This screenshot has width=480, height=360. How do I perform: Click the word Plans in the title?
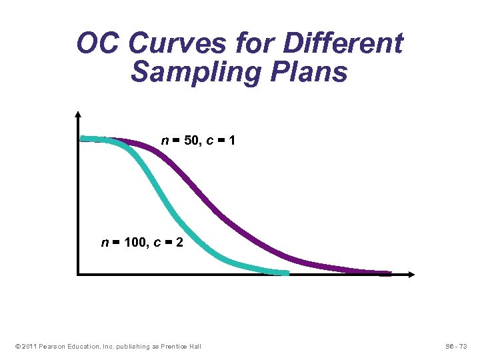point(312,72)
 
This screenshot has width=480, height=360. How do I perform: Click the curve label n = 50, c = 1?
point(198,141)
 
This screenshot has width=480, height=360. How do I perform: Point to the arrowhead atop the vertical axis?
point(78,114)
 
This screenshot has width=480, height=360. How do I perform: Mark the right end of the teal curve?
point(287,273)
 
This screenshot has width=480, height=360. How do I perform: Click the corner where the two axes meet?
point(78,274)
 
